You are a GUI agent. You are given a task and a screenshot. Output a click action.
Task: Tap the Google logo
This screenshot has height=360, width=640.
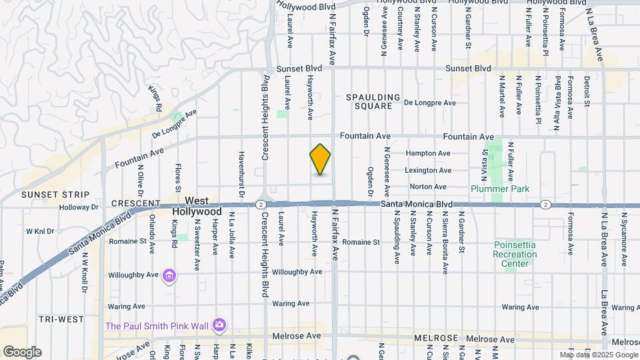click(21, 352)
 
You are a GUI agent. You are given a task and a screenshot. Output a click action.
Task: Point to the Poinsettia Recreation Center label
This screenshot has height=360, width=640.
click(515, 254)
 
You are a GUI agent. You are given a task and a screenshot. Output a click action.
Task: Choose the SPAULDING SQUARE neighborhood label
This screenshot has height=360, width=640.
click(373, 101)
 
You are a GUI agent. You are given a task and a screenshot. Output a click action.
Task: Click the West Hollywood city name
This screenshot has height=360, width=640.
click(197, 205)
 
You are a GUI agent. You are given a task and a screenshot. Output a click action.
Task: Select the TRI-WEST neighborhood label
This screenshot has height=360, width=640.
click(61, 319)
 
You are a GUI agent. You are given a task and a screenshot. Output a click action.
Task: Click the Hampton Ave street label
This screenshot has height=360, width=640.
click(429, 153)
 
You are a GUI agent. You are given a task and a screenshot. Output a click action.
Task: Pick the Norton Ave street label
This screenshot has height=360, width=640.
click(428, 187)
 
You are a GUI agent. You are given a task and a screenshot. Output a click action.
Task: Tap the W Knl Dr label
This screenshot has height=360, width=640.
click(39, 231)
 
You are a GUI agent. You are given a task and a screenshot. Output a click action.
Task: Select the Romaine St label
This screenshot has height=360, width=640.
click(362, 242)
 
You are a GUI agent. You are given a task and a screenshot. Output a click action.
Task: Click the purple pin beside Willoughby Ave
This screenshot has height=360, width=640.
click(169, 275)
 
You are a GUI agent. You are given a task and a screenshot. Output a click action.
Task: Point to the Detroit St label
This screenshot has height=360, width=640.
click(587, 91)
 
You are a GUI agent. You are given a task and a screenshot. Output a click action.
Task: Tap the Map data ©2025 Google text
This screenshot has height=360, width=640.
click(597, 355)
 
